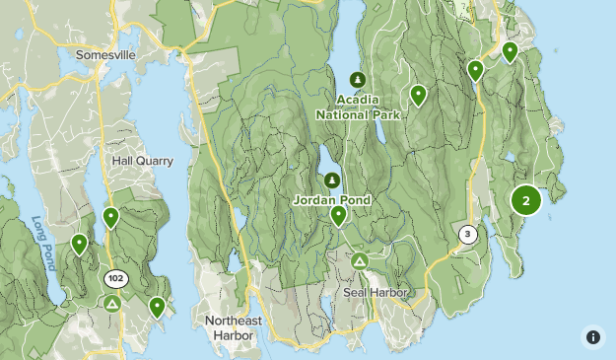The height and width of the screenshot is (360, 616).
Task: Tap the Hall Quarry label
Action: [142, 161]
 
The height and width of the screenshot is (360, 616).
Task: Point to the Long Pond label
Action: [43, 244]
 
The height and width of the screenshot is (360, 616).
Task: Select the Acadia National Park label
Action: [356, 108]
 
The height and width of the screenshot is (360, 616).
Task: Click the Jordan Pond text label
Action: [332, 200]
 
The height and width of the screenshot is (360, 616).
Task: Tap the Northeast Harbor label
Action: [235, 327]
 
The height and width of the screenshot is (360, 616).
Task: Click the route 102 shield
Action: [115, 278]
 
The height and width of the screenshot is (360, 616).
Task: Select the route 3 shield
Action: [467, 235]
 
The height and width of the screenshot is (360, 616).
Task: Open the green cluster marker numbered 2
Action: [525, 200]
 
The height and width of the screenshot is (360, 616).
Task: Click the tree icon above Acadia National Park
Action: [357, 80]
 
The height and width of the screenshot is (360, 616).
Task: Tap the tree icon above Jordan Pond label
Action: [332, 180]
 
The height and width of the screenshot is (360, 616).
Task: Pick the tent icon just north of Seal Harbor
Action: [360, 261]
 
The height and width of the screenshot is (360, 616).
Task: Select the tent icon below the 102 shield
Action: [114, 303]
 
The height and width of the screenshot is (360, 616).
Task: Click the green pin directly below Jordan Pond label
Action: [338, 215]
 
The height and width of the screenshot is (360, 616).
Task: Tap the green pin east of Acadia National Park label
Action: [418, 95]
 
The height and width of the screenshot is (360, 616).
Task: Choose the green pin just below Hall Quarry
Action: [110, 217]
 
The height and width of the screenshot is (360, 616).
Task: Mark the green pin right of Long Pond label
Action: [79, 243]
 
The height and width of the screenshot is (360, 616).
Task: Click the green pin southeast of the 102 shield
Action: [157, 307]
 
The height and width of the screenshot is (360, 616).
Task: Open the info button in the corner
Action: [592, 336]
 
